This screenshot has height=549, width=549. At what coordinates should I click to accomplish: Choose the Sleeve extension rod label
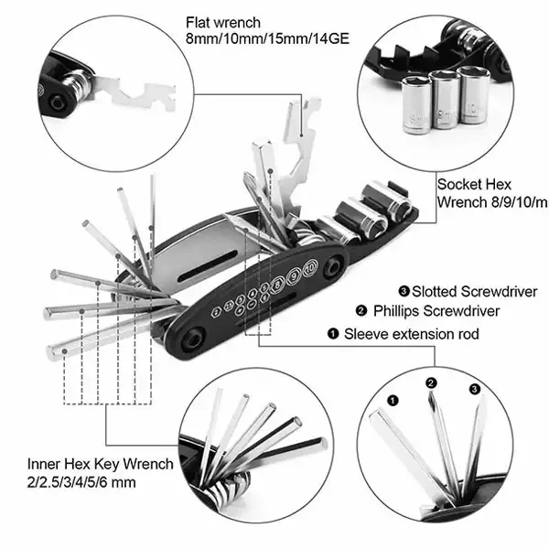pos(411,334)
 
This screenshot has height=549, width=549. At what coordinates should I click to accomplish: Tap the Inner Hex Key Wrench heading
pos(100,465)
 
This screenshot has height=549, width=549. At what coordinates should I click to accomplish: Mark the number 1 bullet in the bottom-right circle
pos(393,399)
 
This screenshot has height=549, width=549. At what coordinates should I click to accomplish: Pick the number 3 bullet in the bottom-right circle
pos(473,389)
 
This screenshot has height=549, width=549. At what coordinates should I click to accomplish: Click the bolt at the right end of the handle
pos(335,264)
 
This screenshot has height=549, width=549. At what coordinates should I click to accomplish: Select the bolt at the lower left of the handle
pos(195,339)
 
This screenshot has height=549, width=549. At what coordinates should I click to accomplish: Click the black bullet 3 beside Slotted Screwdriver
pos(405,291)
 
